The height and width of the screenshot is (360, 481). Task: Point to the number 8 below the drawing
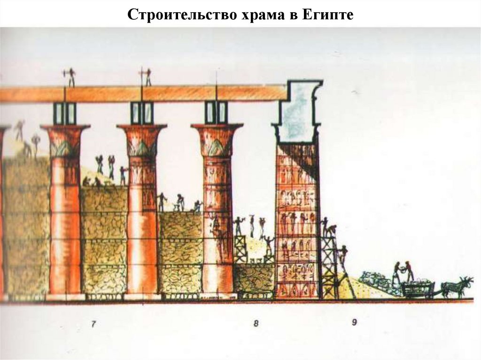pyautogui.click(x=256, y=323)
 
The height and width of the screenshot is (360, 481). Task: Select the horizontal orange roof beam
pyautogui.click(x=141, y=93)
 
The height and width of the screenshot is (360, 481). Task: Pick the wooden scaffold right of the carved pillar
pyautogui.click(x=329, y=268)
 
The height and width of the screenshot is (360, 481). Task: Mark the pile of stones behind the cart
pyautogui.click(x=376, y=279)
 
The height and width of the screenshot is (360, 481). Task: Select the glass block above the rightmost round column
pyautogui.click(x=217, y=113)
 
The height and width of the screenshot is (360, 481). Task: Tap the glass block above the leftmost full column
pyautogui.click(x=65, y=113)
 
